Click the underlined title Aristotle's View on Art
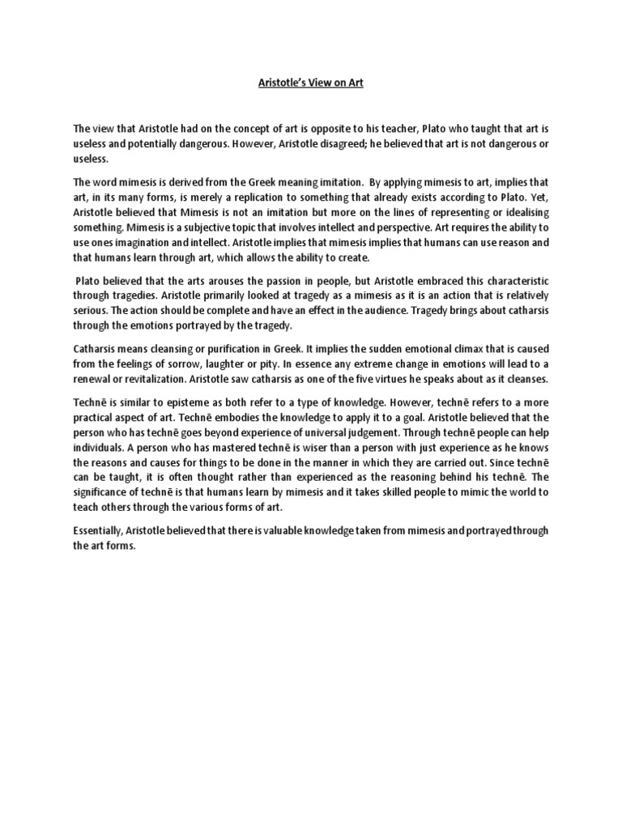311,83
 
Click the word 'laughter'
208,363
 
